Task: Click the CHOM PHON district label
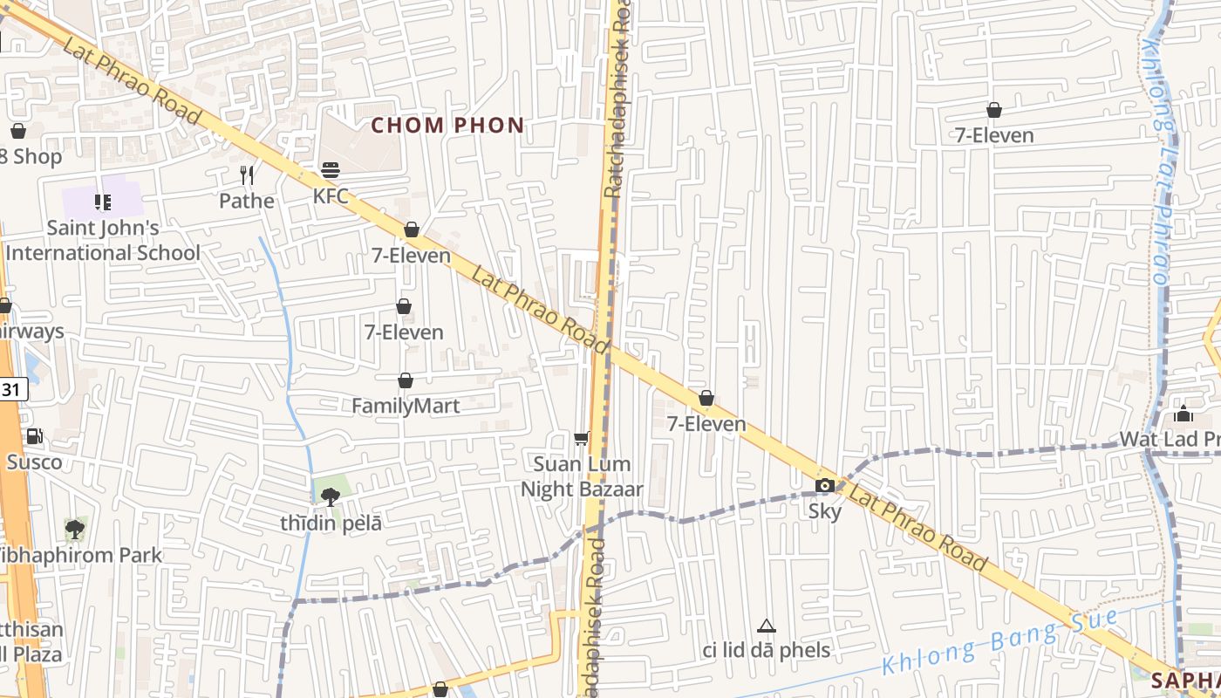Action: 447,126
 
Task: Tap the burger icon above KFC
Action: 331,170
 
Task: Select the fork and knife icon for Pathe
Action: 247,175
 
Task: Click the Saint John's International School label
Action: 103,241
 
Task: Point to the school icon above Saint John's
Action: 103,202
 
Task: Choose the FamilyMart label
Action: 406,406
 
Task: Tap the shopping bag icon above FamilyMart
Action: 406,380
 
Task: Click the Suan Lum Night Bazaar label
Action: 582,476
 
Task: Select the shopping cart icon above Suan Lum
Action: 582,438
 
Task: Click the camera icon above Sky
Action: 824,486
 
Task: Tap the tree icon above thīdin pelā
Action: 331,497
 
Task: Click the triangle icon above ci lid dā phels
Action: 767,626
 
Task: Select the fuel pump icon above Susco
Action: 35,436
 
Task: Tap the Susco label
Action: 35,462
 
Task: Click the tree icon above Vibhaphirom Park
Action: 75,529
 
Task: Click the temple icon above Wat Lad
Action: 1183,414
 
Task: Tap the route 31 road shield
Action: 11,389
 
